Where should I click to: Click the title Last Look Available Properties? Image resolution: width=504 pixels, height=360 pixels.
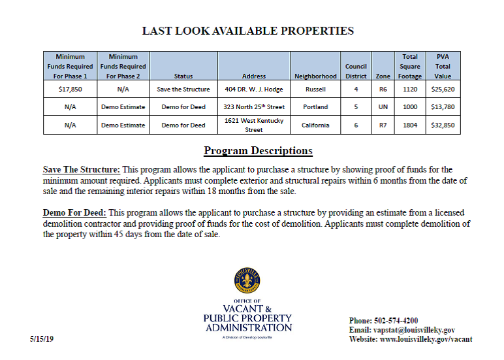[x=248, y=31]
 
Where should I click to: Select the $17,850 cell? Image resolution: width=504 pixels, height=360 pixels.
[x=70, y=90]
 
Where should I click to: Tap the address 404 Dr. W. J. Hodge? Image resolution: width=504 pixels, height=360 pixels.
[x=253, y=90]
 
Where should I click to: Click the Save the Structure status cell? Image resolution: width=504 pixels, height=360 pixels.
[x=183, y=90]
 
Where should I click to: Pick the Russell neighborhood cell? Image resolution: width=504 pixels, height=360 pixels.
[x=315, y=90]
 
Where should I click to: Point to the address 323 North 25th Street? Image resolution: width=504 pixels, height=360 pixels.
[x=253, y=106]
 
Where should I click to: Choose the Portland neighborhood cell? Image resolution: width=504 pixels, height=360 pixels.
[x=315, y=106]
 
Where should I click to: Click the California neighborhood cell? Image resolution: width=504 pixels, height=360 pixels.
[x=315, y=125]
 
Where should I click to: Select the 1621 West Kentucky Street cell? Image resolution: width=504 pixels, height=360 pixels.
[x=253, y=125]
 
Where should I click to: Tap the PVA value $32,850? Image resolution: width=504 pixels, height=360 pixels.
[x=442, y=125]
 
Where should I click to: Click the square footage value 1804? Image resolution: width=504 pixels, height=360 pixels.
[x=410, y=125]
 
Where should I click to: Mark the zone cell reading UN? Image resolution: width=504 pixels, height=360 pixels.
[x=383, y=106]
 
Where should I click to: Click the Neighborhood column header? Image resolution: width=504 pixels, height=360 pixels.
[x=315, y=76]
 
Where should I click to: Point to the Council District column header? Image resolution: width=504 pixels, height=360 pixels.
[x=356, y=71]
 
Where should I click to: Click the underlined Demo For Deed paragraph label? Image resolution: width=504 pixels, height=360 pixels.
[x=74, y=213]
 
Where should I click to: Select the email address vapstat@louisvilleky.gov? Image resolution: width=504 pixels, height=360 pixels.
[x=414, y=330]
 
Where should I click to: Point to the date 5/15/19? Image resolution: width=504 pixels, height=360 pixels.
[x=42, y=340]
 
